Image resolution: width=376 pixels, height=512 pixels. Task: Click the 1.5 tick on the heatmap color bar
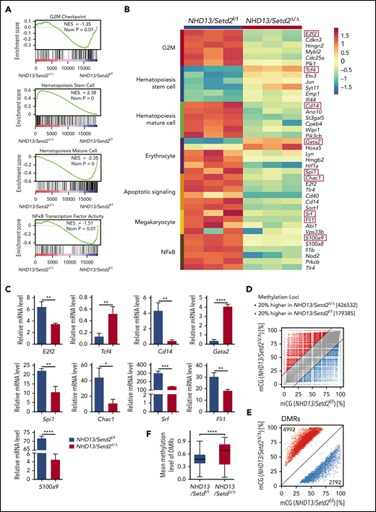tap(356, 33)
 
